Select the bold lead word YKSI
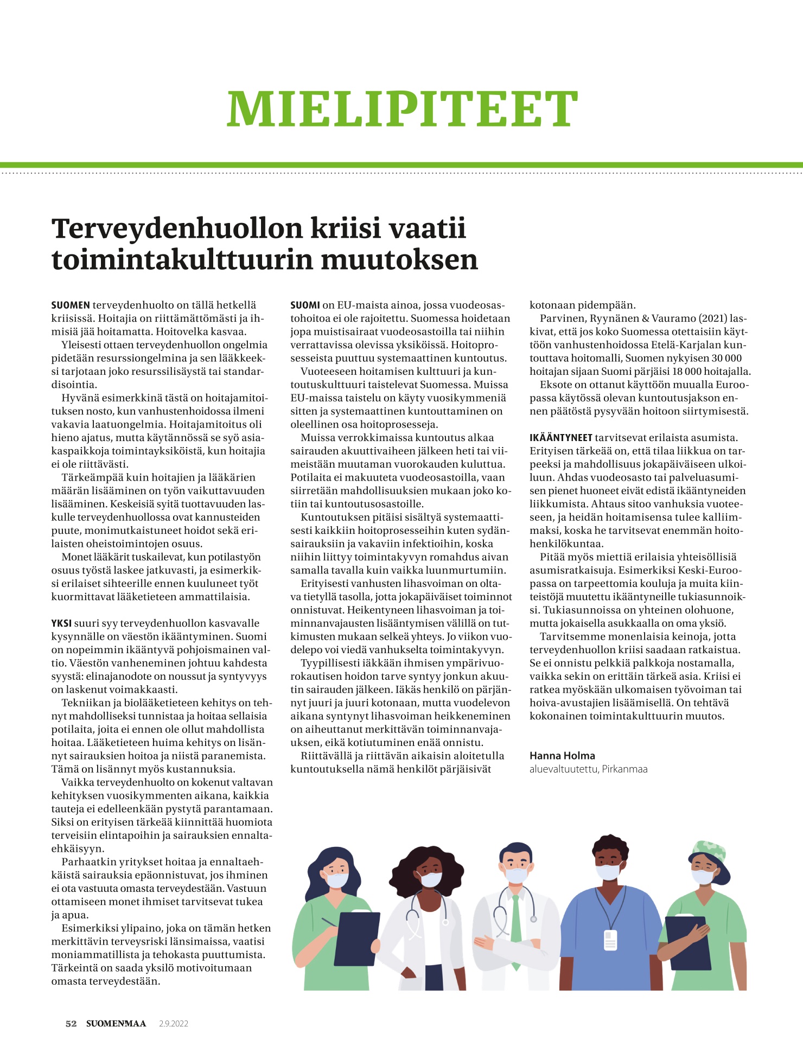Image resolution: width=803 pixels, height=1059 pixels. pos(61,623)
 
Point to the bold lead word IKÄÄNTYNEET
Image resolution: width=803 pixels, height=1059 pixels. pos(560,438)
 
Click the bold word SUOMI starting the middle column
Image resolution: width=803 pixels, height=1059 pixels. pos(305,305)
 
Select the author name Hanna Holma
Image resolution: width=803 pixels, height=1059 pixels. pos(562,756)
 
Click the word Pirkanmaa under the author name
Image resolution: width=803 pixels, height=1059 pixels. pos(624,769)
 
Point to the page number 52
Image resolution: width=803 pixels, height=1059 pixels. pos(71,1024)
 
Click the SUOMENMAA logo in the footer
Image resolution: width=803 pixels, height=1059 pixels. pos(116,1024)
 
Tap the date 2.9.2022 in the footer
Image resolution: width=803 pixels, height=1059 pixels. pos(174,1024)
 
